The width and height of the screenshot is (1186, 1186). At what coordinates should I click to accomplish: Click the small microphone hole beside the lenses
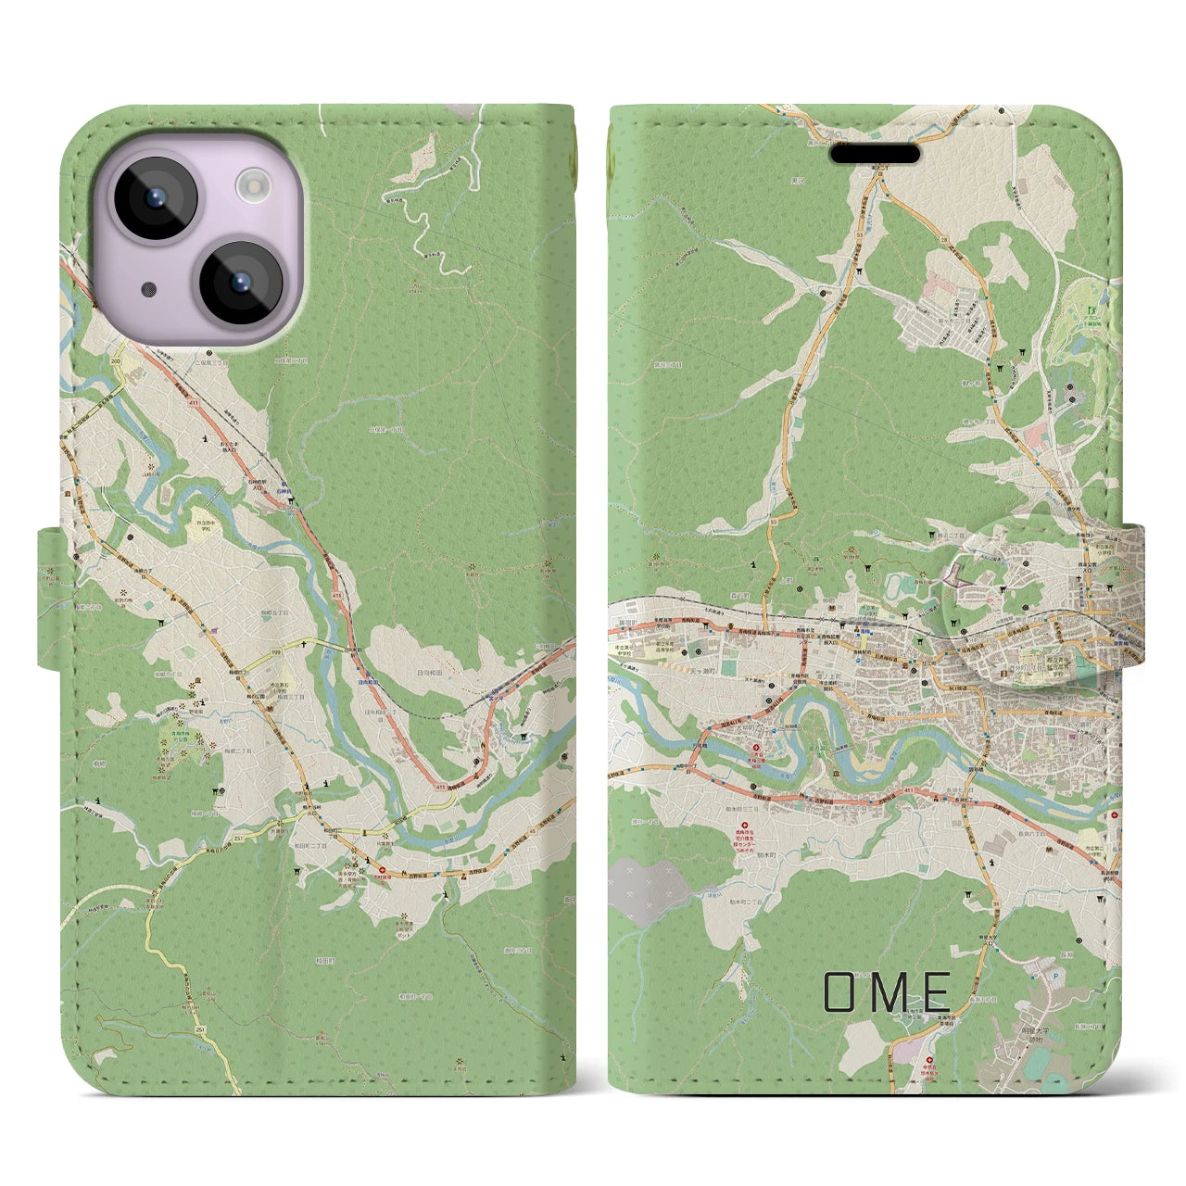point(149,289)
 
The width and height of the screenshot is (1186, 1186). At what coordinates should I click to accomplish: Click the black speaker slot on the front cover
point(875,153)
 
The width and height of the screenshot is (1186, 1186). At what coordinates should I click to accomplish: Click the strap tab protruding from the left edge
point(48,598)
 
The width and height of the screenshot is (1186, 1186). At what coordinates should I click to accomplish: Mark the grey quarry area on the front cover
point(650,887)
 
